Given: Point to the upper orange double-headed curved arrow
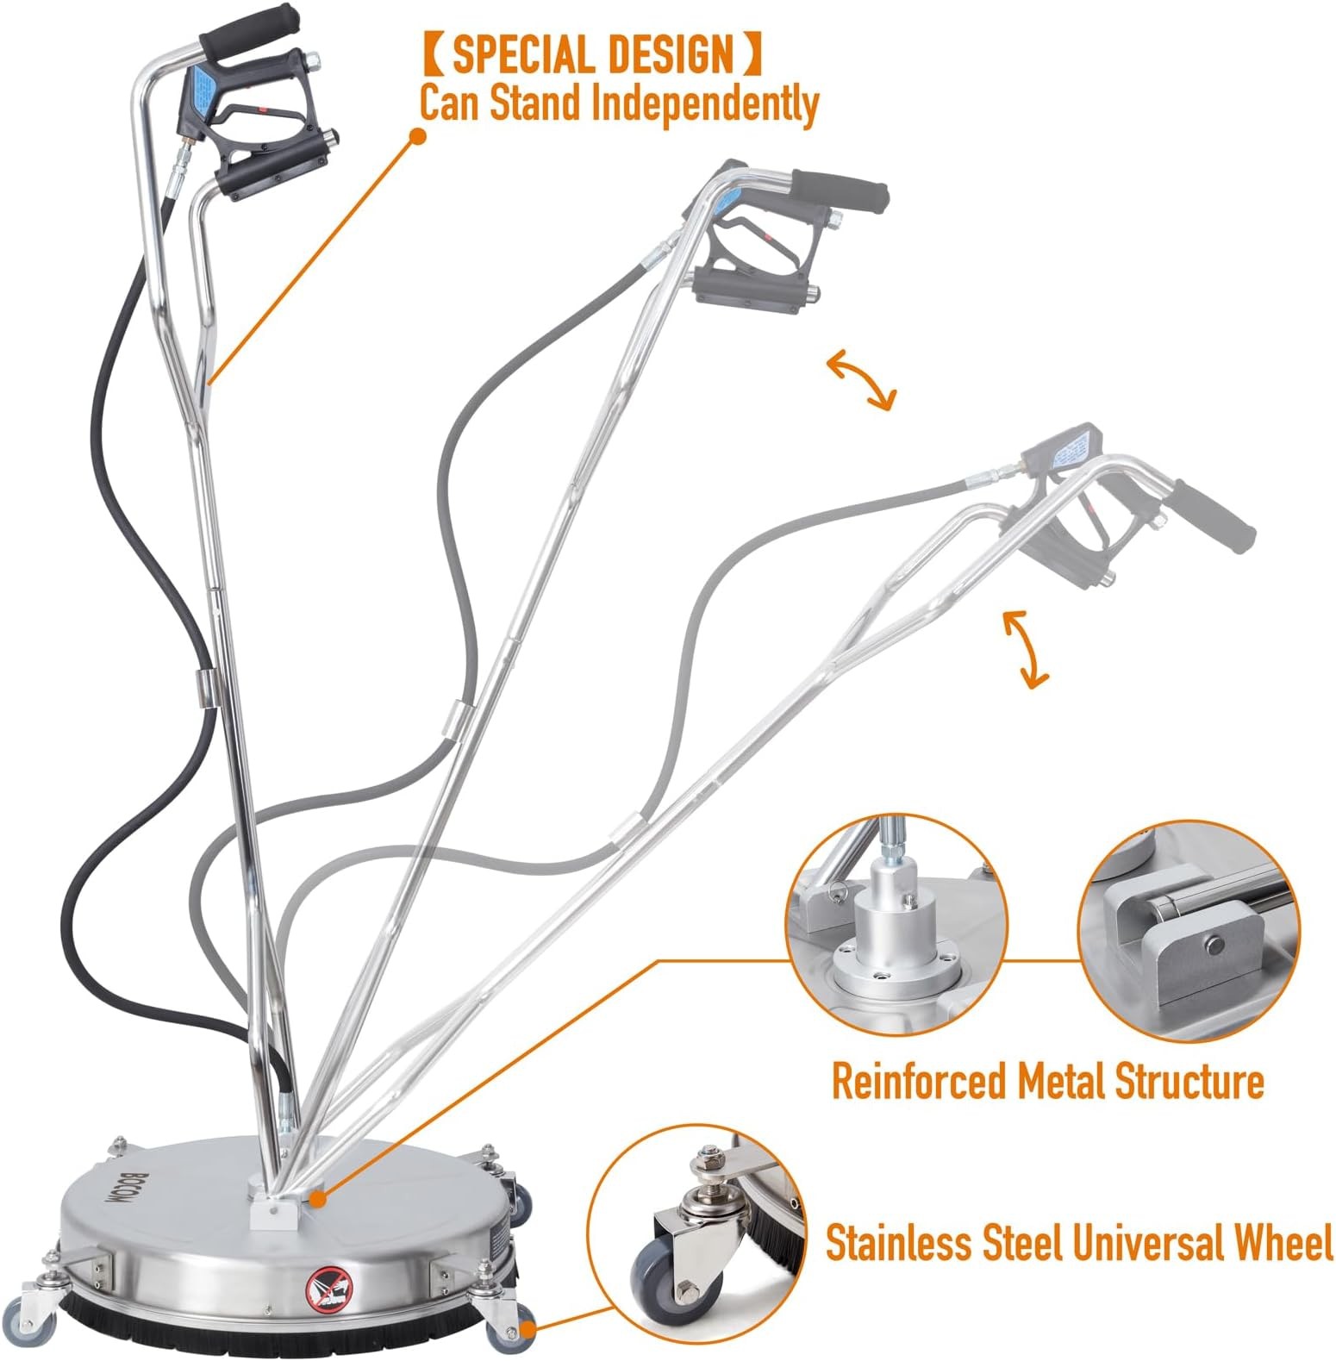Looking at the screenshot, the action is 861,379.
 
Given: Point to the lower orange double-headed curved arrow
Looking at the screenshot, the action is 1026,648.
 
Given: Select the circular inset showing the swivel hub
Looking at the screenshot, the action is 896,925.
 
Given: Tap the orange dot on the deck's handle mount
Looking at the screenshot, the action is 317,1198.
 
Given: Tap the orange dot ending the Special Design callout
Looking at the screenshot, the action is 418,136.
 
